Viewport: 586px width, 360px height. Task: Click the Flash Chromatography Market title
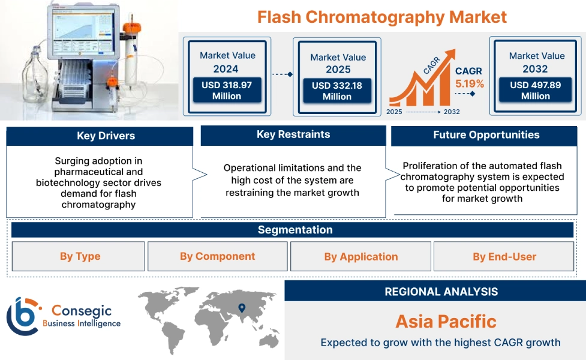[382, 16]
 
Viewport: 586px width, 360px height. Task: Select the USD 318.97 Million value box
[227, 91]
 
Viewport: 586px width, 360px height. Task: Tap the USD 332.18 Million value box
[337, 91]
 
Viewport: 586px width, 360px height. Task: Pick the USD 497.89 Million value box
[536, 91]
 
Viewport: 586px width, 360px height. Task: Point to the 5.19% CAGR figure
[469, 83]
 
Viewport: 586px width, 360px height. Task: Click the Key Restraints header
[293, 134]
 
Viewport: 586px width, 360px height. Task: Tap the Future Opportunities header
[486, 135]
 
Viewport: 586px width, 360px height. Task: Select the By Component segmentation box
[217, 256]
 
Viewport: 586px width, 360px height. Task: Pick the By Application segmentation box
[360, 257]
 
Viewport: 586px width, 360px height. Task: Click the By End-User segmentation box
[504, 257]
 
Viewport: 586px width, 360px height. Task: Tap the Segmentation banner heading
[295, 230]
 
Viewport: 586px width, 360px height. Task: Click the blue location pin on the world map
[242, 308]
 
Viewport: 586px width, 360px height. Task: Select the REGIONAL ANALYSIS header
[441, 292]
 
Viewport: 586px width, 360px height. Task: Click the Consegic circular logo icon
[22, 316]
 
